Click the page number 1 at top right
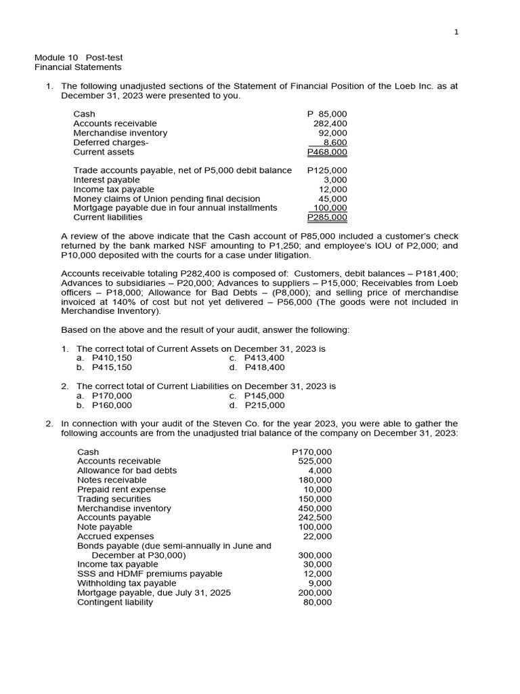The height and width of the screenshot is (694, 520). pos(456,33)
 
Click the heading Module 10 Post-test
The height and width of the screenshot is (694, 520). pos(79,58)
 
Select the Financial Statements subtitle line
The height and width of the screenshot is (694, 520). pos(78,67)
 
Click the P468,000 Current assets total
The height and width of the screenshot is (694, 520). pos(327,152)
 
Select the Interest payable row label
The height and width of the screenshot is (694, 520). pos(106,180)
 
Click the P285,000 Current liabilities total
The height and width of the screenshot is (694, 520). pos(327,218)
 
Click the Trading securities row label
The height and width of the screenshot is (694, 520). pos(114,499)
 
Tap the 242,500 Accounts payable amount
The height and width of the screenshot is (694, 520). pos(315,517)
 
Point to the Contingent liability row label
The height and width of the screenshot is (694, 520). pos(115,602)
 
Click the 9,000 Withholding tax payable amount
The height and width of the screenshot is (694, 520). pos(320,583)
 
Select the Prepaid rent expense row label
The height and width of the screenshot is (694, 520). pos(121,489)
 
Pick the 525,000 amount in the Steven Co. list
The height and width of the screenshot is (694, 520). pos(315,461)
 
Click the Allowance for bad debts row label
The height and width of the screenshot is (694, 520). pos(127,470)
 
